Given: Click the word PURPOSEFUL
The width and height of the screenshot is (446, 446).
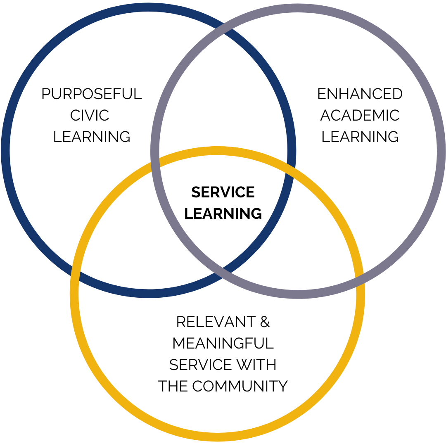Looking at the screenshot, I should click(x=92, y=94).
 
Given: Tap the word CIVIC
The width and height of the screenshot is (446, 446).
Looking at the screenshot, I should click(x=90, y=115).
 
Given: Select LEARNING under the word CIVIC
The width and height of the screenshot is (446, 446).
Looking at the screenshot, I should click(x=92, y=137).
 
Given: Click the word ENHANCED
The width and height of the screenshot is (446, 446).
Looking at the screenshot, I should click(x=360, y=94).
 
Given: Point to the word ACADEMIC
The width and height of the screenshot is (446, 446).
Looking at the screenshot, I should click(x=360, y=115).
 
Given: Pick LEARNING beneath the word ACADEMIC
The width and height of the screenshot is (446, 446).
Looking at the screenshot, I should click(x=360, y=137).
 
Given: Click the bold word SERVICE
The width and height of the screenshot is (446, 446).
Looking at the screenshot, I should click(x=223, y=192).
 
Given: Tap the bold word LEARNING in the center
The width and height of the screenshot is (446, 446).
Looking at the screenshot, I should click(x=223, y=214).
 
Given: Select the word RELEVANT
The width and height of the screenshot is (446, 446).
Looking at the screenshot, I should click(x=216, y=322).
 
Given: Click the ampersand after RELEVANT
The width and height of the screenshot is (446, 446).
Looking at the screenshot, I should click(x=265, y=322).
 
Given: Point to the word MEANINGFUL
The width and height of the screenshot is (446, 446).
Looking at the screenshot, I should click(x=223, y=343).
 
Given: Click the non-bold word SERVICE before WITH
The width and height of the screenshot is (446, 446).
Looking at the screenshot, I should click(x=200, y=365).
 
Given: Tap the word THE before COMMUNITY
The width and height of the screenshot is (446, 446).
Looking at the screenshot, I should click(x=173, y=386).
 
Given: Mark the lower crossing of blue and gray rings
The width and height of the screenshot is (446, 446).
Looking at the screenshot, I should click(x=223, y=273).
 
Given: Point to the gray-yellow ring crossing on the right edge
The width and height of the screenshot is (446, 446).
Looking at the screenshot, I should click(x=359, y=278).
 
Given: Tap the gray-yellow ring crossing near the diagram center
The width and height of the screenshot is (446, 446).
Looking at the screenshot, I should click(x=155, y=164).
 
